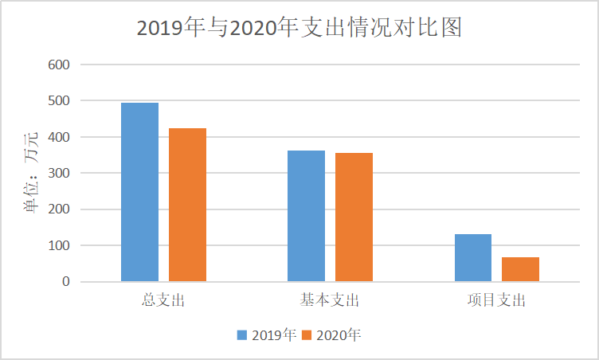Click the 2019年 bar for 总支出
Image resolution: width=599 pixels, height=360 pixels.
click(x=139, y=192)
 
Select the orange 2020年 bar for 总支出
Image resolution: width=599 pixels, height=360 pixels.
click(x=187, y=205)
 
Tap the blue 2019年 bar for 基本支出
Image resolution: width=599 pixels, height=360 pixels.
click(x=306, y=216)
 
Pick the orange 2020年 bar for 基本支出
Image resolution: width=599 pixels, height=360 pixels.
click(x=354, y=217)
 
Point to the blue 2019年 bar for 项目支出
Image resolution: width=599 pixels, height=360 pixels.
click(x=472, y=257)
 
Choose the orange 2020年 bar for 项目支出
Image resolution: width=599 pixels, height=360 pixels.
click(x=520, y=269)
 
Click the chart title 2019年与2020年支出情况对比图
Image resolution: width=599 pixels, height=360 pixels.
click(x=299, y=28)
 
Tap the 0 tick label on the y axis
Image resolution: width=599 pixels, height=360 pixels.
click(x=65, y=282)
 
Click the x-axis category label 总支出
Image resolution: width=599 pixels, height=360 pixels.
click(x=163, y=301)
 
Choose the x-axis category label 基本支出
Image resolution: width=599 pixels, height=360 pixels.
click(x=330, y=301)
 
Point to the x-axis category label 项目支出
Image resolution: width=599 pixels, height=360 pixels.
click(x=496, y=301)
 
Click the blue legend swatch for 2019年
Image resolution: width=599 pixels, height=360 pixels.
click(x=241, y=335)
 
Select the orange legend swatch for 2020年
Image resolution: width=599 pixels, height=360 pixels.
click(x=306, y=335)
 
